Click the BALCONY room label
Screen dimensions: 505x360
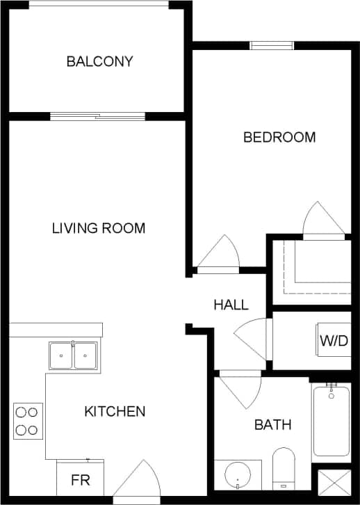[99, 61]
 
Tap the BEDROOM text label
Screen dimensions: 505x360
[279, 137]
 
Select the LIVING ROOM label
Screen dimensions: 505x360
[99, 227]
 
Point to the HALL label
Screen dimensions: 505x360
[231, 305]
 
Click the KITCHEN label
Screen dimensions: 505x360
[115, 411]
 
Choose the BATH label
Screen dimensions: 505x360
[272, 424]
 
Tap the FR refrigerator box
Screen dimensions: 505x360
[79, 480]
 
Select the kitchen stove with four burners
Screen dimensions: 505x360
[27, 421]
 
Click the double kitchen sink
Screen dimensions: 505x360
[73, 356]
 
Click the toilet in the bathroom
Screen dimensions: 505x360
[284, 470]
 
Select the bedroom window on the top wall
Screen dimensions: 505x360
[272, 46]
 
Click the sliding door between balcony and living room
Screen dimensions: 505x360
[97, 116]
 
